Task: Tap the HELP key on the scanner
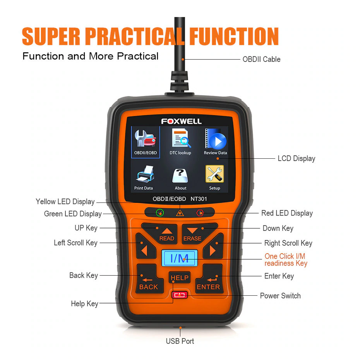[180, 278]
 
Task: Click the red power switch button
[180, 295]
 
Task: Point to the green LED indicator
[160, 213]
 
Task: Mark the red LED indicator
[200, 213]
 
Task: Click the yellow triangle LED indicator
[180, 213]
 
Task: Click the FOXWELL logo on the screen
[181, 121]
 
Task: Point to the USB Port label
[180, 341]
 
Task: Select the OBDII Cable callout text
[262, 59]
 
